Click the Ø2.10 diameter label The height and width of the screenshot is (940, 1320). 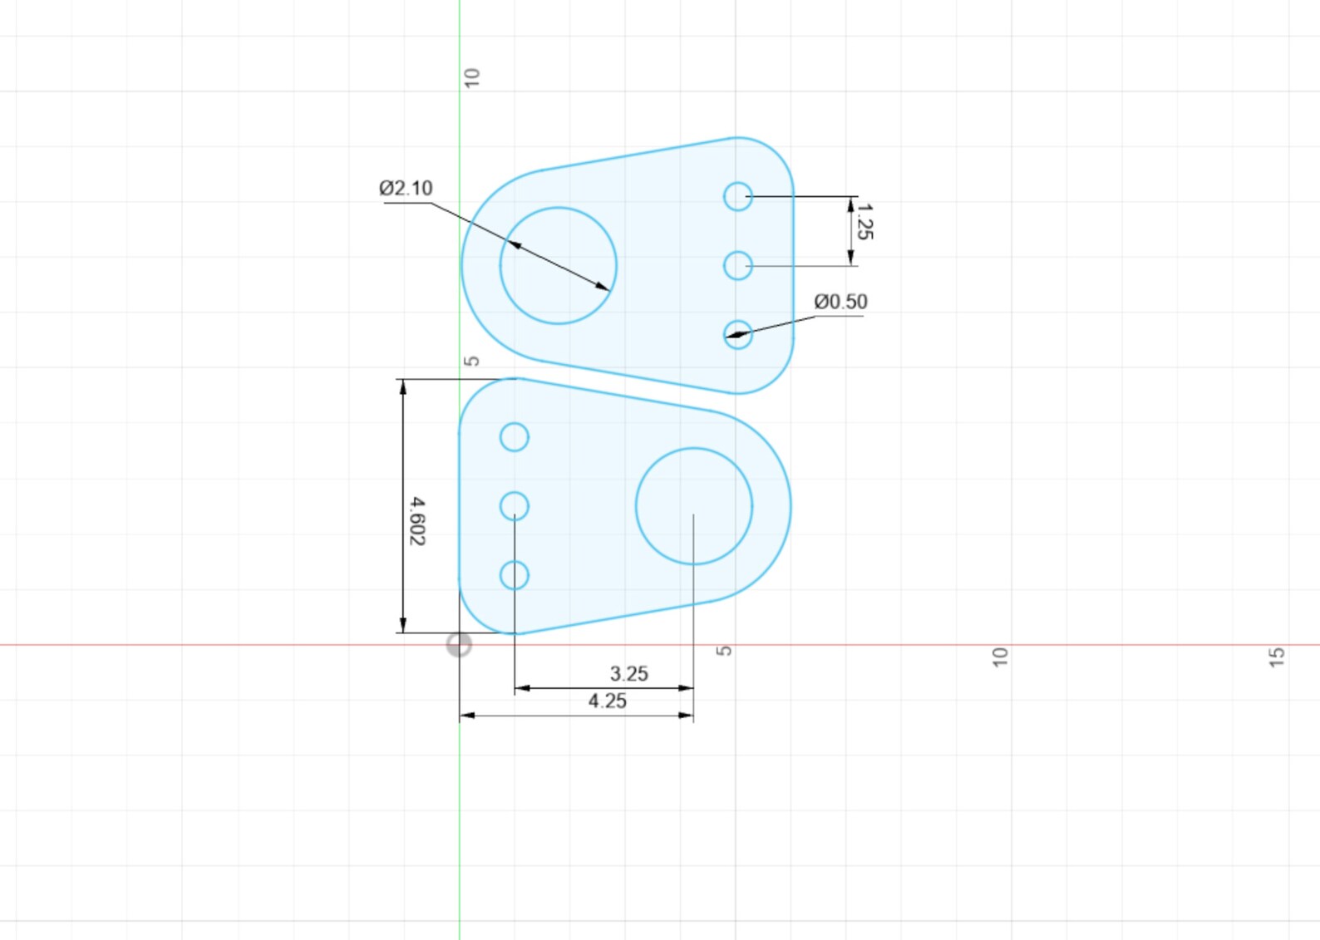(x=406, y=188)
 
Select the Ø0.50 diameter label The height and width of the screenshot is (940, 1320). (x=840, y=302)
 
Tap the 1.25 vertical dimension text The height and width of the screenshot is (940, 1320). (x=864, y=222)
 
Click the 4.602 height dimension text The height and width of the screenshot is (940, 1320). (x=417, y=521)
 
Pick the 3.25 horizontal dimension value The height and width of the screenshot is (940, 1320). (x=628, y=674)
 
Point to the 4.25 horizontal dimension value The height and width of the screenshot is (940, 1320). (x=607, y=701)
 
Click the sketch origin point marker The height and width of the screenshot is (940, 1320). (x=459, y=644)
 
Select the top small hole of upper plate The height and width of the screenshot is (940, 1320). (x=737, y=197)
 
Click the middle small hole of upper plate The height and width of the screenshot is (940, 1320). (x=737, y=266)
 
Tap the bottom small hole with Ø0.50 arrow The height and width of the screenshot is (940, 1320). (x=737, y=335)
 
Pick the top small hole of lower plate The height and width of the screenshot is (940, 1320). (x=515, y=437)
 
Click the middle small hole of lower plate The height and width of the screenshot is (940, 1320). (x=515, y=505)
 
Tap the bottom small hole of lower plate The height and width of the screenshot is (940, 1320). (x=515, y=575)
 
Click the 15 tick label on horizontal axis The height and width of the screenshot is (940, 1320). (x=1277, y=657)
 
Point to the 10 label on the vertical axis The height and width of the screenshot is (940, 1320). (x=471, y=78)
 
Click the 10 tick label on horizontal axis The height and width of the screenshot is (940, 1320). (x=1000, y=657)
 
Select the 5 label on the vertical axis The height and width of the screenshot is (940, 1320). (x=471, y=362)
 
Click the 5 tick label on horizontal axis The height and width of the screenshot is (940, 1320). (x=724, y=651)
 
